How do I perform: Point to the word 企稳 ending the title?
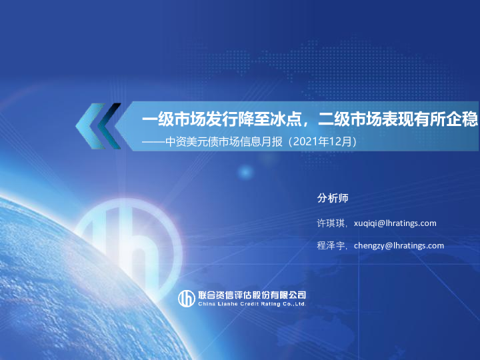pyautogui.click(x=464, y=119)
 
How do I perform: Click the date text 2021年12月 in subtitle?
pyautogui.click(x=322, y=141)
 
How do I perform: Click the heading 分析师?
pyautogui.click(x=333, y=198)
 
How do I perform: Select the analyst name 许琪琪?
pyautogui.click(x=331, y=223)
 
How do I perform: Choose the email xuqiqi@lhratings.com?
pyautogui.click(x=395, y=223)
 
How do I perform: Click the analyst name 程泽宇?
pyautogui.click(x=331, y=245)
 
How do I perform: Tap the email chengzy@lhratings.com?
pyautogui.click(x=399, y=245)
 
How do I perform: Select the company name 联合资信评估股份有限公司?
pyautogui.click(x=252, y=295)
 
